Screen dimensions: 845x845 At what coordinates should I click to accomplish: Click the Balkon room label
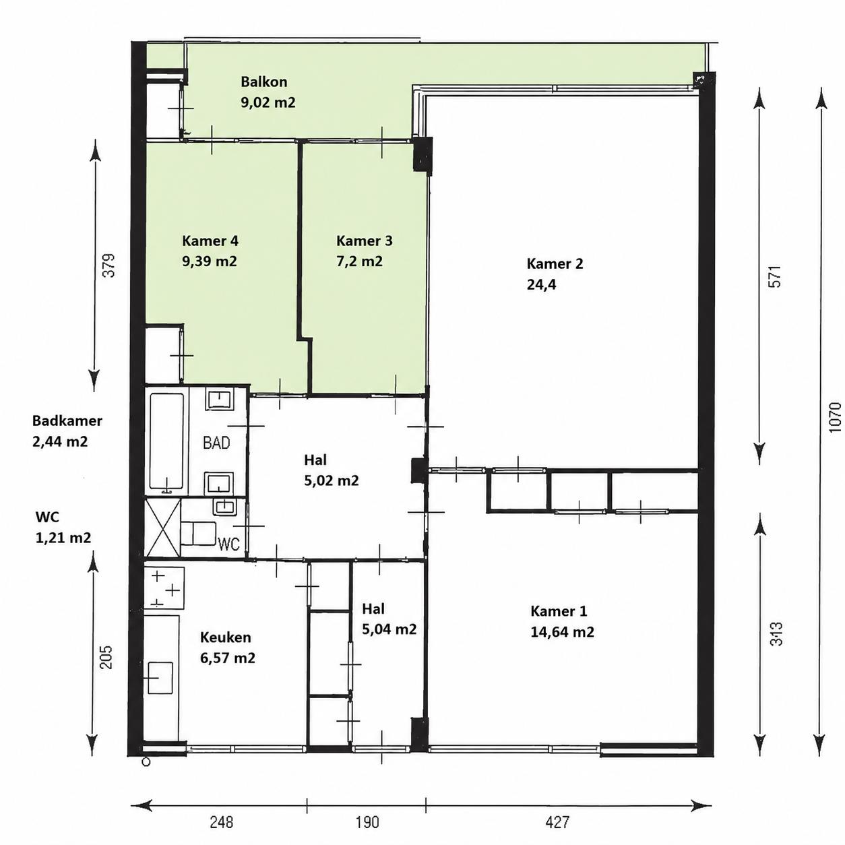(264, 82)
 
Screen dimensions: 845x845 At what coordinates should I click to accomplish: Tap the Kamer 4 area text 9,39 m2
(209, 261)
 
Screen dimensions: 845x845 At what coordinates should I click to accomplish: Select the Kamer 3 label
(365, 241)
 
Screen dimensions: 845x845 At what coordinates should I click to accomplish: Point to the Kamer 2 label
(555, 264)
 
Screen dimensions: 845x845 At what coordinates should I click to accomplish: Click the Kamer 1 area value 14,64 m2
(562, 632)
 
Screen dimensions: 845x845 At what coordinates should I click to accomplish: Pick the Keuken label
(225, 637)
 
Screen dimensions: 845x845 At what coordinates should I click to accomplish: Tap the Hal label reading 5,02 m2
(331, 480)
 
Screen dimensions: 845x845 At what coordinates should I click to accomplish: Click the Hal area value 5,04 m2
(389, 629)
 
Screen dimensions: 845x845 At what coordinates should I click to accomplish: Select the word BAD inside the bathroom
(216, 443)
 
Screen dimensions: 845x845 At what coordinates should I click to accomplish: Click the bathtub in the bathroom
(166, 443)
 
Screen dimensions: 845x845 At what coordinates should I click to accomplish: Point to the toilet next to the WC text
(199, 534)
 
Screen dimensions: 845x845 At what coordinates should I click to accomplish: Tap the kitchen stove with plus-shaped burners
(164, 588)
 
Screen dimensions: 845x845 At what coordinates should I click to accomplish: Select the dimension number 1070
(836, 417)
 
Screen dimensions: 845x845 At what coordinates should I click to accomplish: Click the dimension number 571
(776, 276)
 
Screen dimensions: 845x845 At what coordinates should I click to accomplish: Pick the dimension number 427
(557, 822)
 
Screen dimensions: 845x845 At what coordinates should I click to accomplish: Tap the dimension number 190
(367, 822)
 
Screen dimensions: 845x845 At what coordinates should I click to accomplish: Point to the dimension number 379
(108, 265)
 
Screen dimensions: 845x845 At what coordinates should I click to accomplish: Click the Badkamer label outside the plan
(67, 420)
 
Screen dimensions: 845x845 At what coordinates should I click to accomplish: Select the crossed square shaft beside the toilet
(162, 528)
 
